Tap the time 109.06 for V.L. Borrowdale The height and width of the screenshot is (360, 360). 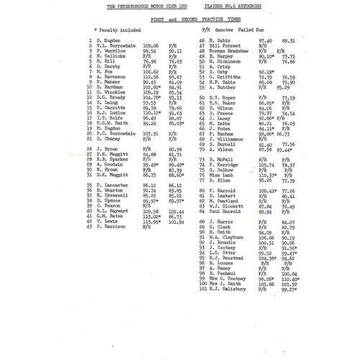click(151, 47)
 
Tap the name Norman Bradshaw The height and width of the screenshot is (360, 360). click(231, 52)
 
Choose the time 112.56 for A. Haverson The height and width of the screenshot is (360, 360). click(151, 77)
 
